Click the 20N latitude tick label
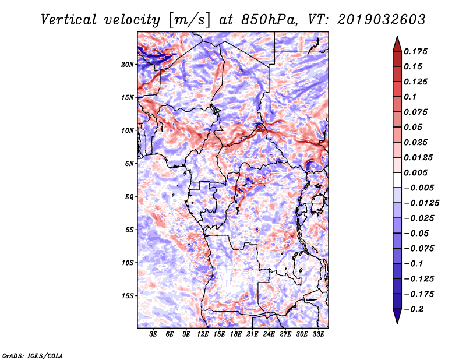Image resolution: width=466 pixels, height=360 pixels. coord(128,65)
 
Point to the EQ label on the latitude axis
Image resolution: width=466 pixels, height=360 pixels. coord(129,197)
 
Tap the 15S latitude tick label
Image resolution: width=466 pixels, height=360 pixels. coord(128,296)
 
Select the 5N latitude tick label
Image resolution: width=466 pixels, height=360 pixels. coord(129,164)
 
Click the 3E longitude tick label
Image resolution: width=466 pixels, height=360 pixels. coord(153,334)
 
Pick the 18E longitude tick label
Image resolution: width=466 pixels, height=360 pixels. coord(235,334)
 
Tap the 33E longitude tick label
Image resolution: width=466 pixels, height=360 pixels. coord(318,334)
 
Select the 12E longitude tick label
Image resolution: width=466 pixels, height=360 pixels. coord(202,334)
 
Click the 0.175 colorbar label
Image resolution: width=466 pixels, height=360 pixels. coord(415,51)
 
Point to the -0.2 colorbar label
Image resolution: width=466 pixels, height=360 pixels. coord(414,309)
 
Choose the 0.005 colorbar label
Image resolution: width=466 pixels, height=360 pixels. coord(415,172)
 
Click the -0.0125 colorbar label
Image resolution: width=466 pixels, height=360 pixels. coord(421,203)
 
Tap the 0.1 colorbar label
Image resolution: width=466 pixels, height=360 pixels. coord(410,97)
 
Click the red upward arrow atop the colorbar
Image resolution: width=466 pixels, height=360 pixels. coord(397,44)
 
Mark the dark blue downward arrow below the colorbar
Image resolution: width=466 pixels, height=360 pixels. coord(397,316)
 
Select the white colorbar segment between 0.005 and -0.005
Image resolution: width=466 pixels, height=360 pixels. coord(397,180)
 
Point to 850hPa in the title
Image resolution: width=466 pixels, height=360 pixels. coord(269,20)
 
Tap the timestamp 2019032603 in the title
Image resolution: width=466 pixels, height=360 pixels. coord(382,20)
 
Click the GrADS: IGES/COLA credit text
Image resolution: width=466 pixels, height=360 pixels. coord(33,356)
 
